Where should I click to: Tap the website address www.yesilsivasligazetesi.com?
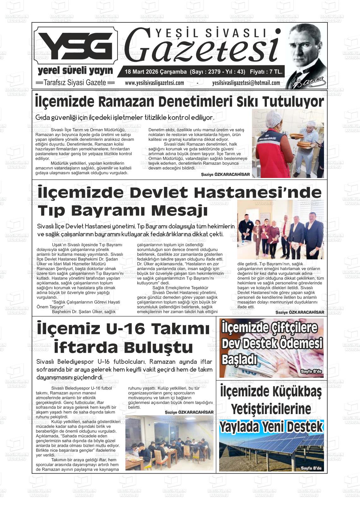tap(154, 83)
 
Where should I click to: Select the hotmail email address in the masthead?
tap(246, 83)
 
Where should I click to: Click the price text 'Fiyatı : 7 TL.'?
tap(266, 72)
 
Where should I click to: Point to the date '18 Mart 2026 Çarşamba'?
tap(156, 72)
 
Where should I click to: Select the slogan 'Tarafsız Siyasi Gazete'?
tap(75, 83)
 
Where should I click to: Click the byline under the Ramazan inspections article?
tap(225, 175)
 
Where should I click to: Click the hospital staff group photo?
tap(280, 229)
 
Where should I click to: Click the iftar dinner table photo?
tap(169, 443)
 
